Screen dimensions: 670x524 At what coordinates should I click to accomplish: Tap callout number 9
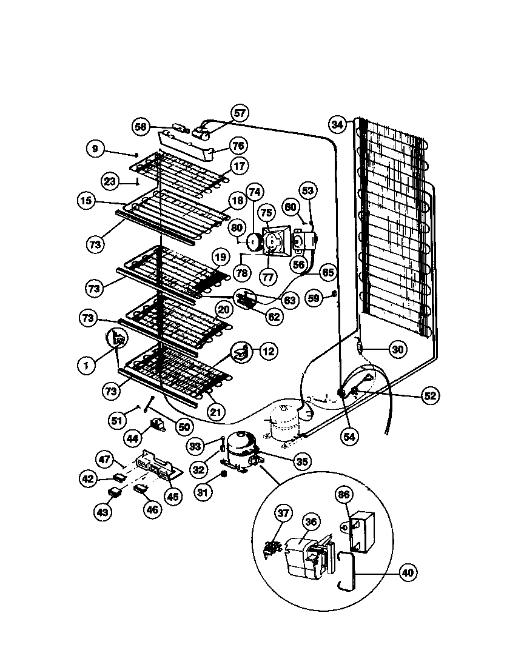coord(95,149)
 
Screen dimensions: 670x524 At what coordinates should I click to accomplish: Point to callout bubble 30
coord(397,349)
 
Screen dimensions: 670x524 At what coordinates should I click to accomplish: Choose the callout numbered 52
coord(429,396)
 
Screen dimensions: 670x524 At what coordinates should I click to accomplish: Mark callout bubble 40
coord(408,572)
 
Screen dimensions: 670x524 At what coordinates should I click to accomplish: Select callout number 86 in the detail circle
coord(344,495)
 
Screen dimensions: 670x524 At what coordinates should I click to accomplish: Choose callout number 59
coord(314,299)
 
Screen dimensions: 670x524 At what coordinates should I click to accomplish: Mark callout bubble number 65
coord(327,273)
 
